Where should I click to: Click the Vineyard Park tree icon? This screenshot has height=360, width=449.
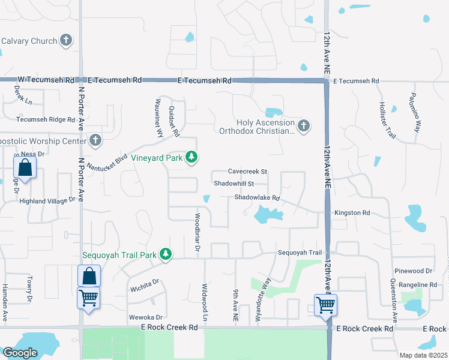coord(191,157)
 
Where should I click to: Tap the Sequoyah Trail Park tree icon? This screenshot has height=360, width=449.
coord(165,255)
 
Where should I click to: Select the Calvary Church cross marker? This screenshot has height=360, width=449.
coord(66,41)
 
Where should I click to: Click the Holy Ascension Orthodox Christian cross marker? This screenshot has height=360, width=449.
coord(304,125)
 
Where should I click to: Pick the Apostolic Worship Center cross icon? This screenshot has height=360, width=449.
coord(95,140)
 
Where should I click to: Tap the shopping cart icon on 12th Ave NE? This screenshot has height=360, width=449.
coord(325,304)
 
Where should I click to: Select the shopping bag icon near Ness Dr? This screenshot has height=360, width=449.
coord(25,168)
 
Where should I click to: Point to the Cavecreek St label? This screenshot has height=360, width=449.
coord(247,172)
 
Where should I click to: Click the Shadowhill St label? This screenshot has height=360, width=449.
coord(234,184)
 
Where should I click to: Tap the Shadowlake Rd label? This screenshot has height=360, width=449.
coord(257,197)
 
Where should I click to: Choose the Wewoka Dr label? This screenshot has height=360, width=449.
coord(146,317)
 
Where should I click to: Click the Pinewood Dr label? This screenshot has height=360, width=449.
coord(415,272)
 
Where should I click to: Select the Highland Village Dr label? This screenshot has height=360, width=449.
coord(47,201)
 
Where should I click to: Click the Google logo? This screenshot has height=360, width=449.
coord(20,353)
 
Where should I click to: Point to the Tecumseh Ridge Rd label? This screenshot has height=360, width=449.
coord(46,119)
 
